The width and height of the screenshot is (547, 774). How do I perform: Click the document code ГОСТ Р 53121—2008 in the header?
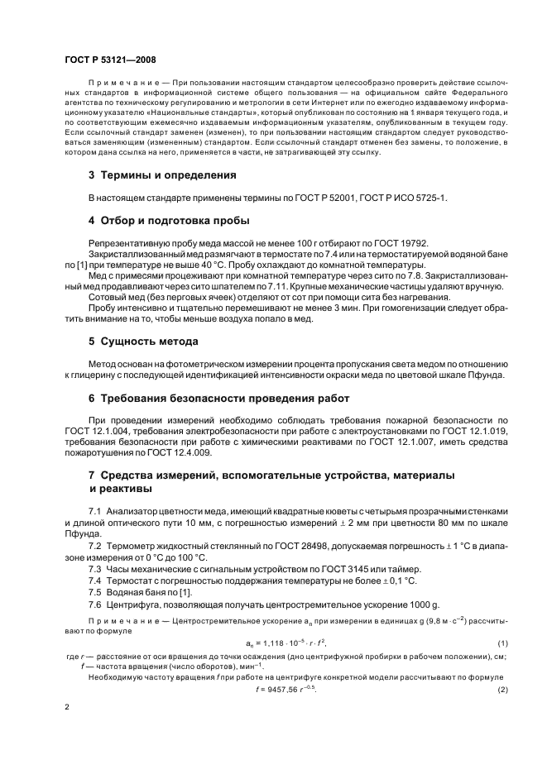(x=109, y=60)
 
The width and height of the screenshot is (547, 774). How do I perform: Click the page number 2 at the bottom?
(x=67, y=708)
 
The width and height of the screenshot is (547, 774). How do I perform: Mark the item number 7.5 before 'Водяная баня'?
(x=95, y=593)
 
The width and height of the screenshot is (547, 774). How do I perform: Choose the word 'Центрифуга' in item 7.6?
(x=133, y=604)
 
